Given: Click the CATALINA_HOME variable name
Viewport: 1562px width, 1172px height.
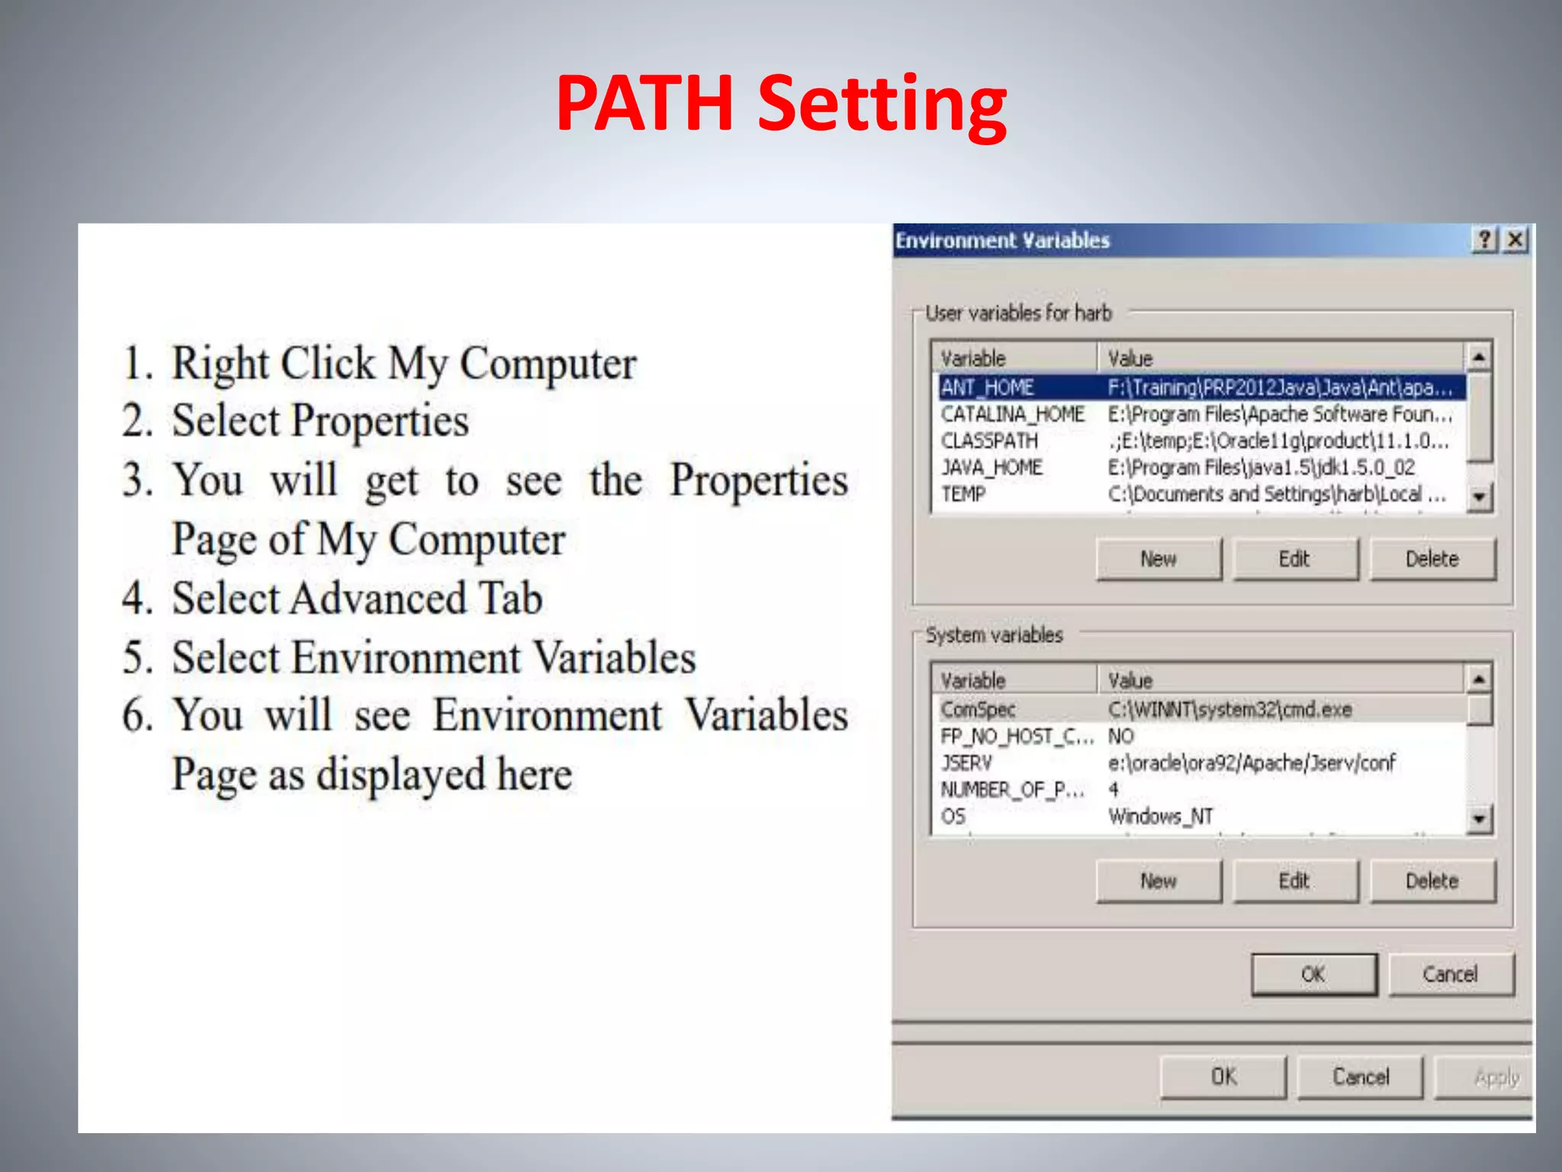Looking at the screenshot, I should point(1012,414).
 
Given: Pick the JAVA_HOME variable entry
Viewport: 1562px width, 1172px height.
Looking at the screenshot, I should point(991,467).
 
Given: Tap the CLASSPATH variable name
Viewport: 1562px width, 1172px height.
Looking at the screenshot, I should point(989,441).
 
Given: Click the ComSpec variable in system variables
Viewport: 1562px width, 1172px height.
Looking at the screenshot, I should point(978,710).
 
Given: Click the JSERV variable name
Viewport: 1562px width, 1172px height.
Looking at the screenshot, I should point(966,763).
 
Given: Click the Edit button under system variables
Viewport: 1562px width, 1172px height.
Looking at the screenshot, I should point(1294,881).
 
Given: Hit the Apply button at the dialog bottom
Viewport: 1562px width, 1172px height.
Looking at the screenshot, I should point(1496,1077).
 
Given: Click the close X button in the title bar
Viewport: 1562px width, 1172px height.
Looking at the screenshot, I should point(1515,240).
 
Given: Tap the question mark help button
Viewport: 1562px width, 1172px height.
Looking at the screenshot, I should point(1484,240).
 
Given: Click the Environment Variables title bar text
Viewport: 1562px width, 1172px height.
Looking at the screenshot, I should point(1002,241).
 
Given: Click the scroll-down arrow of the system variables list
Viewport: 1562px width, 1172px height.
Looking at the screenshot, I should point(1479,819).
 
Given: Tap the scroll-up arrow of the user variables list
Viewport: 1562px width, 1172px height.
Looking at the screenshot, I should point(1478,356).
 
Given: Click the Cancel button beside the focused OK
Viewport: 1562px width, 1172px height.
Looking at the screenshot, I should point(1450,974).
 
